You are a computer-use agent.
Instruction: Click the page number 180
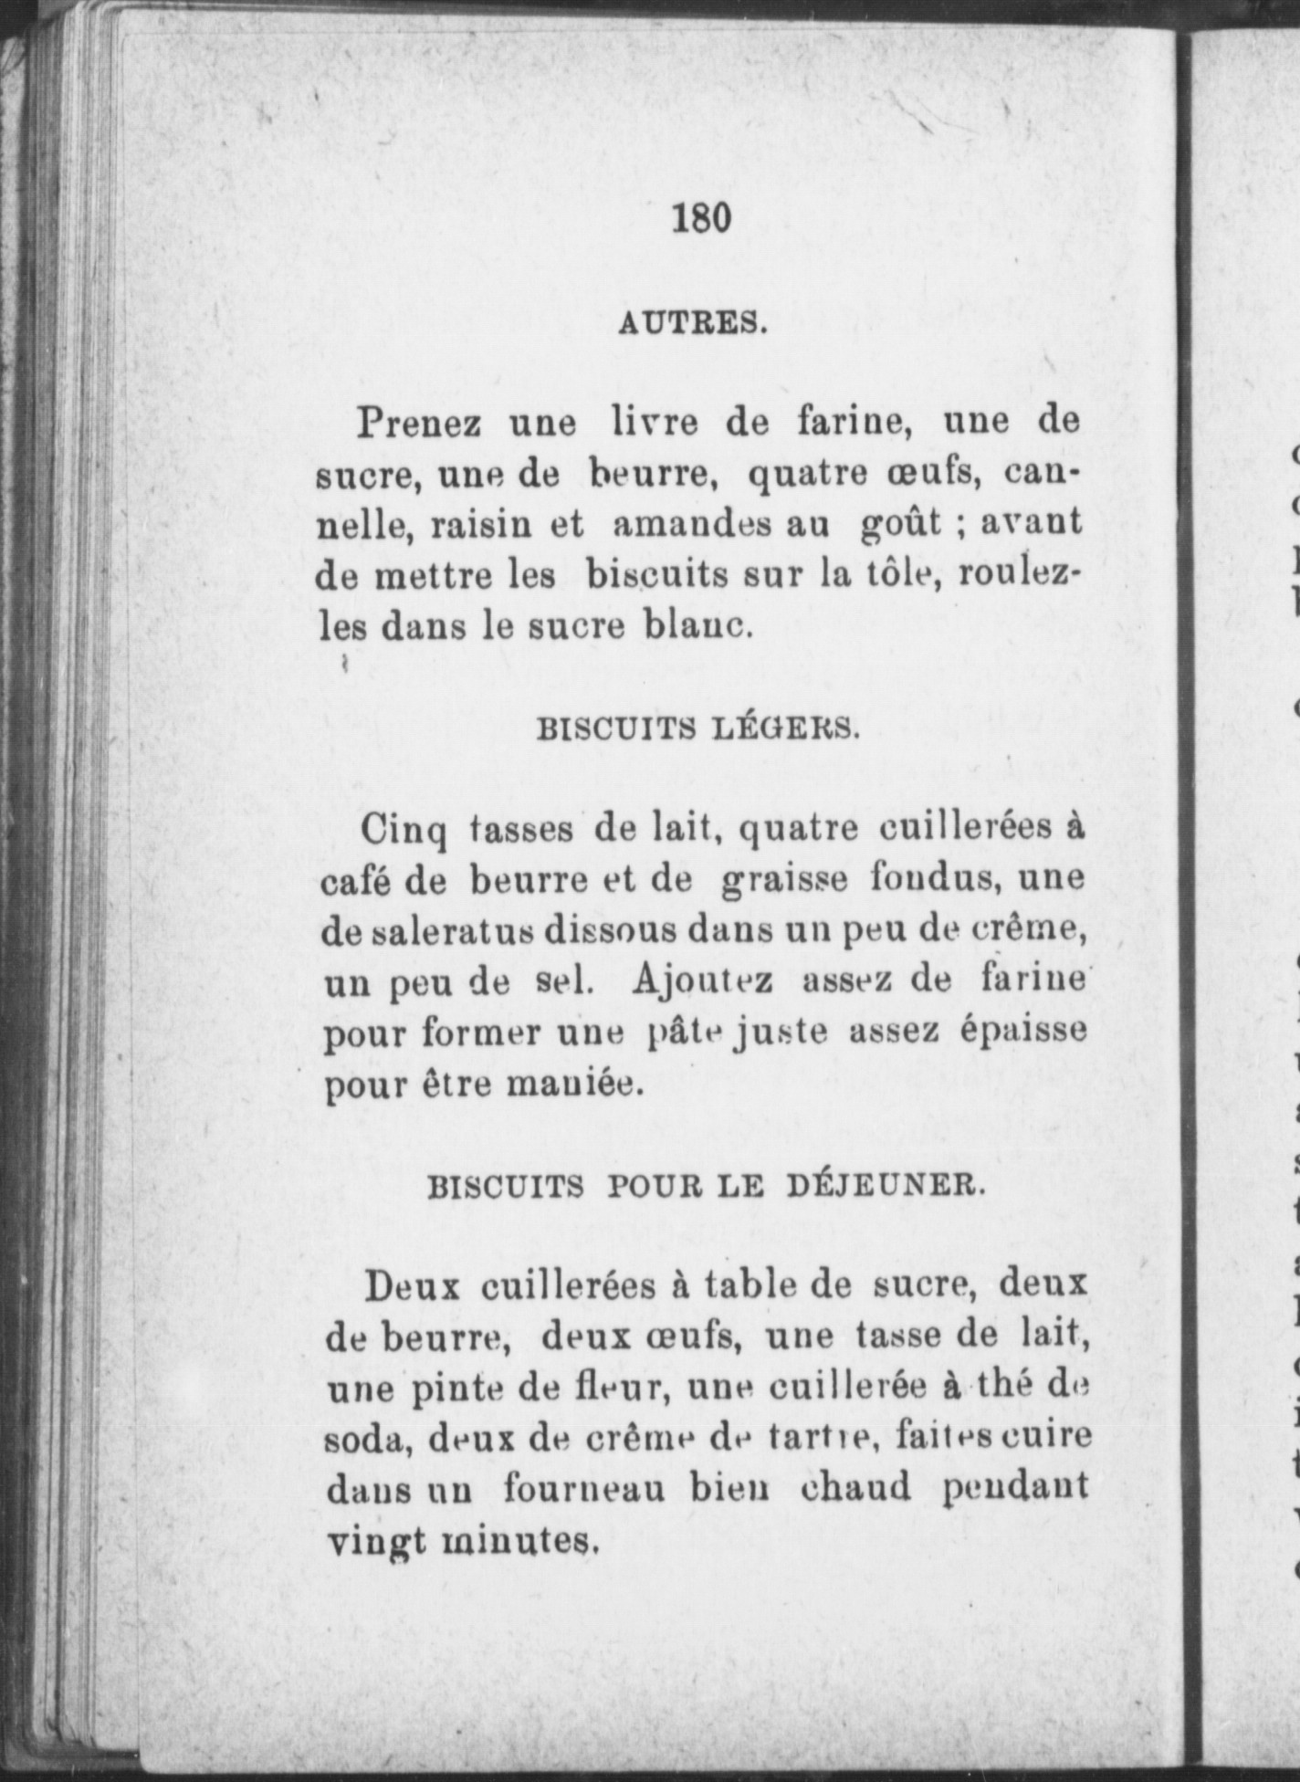[702, 219]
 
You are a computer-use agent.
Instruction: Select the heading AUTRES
[692, 323]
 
